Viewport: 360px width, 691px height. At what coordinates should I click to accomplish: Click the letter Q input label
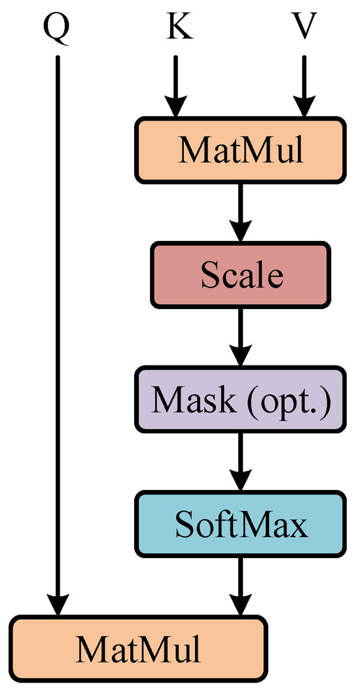click(x=58, y=28)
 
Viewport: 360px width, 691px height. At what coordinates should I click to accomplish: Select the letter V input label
click(x=304, y=28)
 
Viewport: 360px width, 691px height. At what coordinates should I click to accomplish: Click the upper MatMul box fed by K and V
click(x=240, y=149)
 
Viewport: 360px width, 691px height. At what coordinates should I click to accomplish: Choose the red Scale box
click(x=240, y=274)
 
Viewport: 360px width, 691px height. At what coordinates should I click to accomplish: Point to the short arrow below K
click(x=175, y=85)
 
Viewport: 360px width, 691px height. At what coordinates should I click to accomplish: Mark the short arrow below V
click(x=304, y=85)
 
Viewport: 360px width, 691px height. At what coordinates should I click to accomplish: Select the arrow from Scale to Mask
click(x=240, y=336)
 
